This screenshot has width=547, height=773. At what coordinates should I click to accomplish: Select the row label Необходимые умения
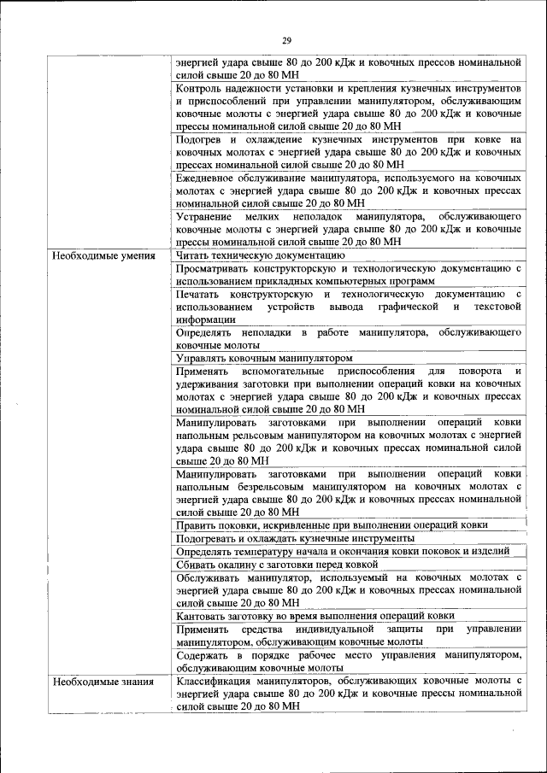[x=103, y=255]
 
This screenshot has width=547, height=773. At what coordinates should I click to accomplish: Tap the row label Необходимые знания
[x=103, y=682]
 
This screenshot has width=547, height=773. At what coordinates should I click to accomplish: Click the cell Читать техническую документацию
[x=260, y=255]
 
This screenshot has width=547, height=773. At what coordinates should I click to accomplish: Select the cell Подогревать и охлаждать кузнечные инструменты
[x=295, y=539]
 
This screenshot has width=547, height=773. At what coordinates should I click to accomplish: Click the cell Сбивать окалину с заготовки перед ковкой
[x=276, y=565]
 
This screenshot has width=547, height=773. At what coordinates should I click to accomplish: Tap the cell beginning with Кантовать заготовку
[x=315, y=616]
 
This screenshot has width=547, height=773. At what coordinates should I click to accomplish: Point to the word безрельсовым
[x=303, y=487]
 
